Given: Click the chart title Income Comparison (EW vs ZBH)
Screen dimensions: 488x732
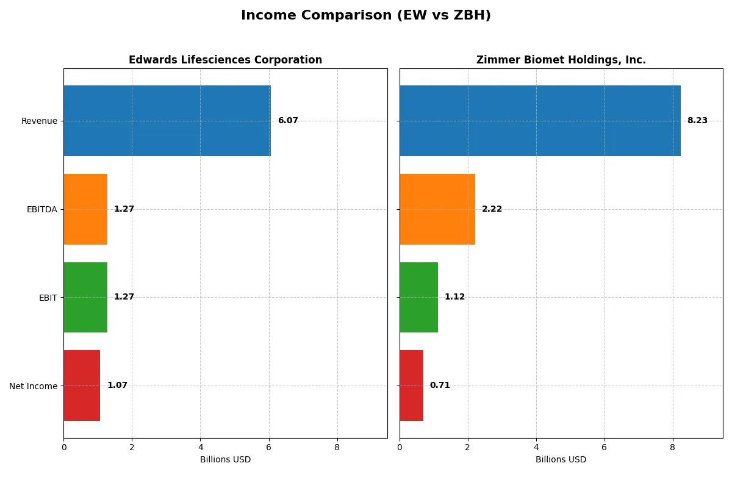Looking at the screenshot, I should coord(365,16).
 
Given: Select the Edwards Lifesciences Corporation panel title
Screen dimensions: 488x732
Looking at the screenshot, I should coord(225,60).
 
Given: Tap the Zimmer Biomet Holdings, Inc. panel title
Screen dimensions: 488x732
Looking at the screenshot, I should coord(561,60).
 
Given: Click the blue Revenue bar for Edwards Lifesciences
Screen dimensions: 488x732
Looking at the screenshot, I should coord(167,121).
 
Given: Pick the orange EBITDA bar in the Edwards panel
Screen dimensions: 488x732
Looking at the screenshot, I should coord(85,209).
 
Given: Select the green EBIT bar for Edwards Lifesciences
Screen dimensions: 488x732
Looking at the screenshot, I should coord(85,298).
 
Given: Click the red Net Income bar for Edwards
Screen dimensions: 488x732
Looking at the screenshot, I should coord(82,386).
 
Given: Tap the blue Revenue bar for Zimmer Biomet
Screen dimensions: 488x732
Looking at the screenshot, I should coord(540,121).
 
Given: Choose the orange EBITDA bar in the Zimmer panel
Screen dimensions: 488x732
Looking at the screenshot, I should coord(437,209).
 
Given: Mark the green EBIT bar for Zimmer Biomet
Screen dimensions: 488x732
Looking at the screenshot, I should coord(418,298).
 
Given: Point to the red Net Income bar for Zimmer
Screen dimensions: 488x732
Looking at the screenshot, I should coord(412,386).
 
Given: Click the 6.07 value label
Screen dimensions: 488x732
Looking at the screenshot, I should coord(288,121).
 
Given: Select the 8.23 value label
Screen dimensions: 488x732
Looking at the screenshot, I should coord(697,121).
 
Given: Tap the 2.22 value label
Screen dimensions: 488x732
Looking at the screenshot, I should coord(492,209).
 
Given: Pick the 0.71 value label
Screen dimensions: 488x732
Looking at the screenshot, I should coord(440,386).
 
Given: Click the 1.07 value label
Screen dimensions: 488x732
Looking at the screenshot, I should coord(117,386).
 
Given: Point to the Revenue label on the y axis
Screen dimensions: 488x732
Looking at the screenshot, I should coord(39,121).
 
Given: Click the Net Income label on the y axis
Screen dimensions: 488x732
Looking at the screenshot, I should coord(34,386).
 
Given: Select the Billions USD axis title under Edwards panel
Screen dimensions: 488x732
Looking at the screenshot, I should coord(225,460).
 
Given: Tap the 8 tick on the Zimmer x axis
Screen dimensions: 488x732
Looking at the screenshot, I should coord(673,447).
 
